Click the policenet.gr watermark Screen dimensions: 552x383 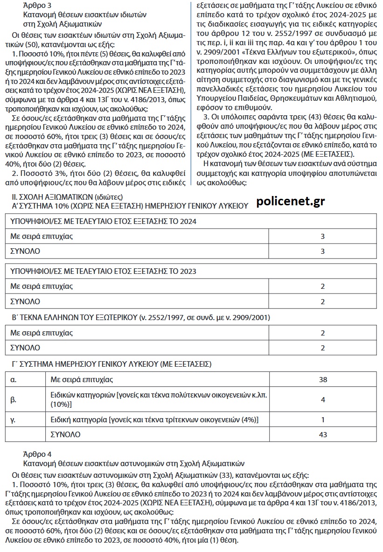291,201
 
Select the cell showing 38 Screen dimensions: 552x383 323,379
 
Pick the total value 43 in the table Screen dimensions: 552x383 323,434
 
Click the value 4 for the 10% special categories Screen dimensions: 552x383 323,399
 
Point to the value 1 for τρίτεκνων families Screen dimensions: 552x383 323,419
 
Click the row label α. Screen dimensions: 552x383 13,379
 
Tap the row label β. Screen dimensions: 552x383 13,399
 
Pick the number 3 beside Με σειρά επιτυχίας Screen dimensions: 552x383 322,237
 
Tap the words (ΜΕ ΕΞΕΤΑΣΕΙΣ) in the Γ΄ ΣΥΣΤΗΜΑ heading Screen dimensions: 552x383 185,363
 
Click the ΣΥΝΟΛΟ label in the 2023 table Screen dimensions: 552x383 25,301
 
